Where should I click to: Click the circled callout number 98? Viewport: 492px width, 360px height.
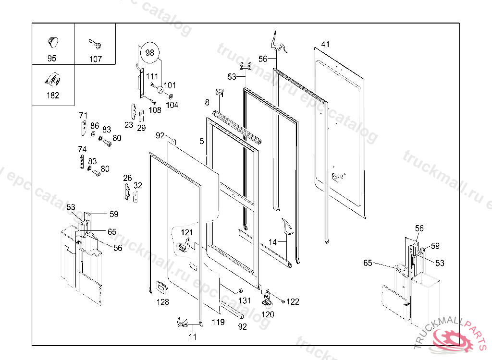tap(150, 52)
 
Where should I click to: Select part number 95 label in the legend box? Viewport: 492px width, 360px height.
tap(52, 59)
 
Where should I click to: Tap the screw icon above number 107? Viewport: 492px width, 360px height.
tap(95, 45)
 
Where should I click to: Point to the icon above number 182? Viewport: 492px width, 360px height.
tap(52, 80)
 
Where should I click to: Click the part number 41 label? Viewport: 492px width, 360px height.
tap(325, 44)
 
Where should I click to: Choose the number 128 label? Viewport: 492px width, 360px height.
tap(162, 302)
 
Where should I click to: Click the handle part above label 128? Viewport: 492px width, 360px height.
tap(162, 288)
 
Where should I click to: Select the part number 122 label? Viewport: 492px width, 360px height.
tap(293, 301)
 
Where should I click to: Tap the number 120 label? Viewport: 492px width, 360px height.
tap(268, 314)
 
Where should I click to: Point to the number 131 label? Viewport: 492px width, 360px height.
tap(245, 300)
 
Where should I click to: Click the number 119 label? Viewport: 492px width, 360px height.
tap(218, 322)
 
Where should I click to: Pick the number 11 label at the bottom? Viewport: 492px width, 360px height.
tap(193, 336)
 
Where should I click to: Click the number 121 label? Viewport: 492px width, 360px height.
tap(187, 232)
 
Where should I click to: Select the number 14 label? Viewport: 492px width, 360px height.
tap(273, 242)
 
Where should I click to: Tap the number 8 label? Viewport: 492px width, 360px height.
tap(207, 102)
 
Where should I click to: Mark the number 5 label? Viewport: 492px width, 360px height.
tap(202, 141)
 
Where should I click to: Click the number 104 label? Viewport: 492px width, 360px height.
tap(172, 105)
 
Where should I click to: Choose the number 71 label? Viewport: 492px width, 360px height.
tap(83, 115)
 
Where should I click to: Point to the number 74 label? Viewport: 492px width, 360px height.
tap(82, 149)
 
